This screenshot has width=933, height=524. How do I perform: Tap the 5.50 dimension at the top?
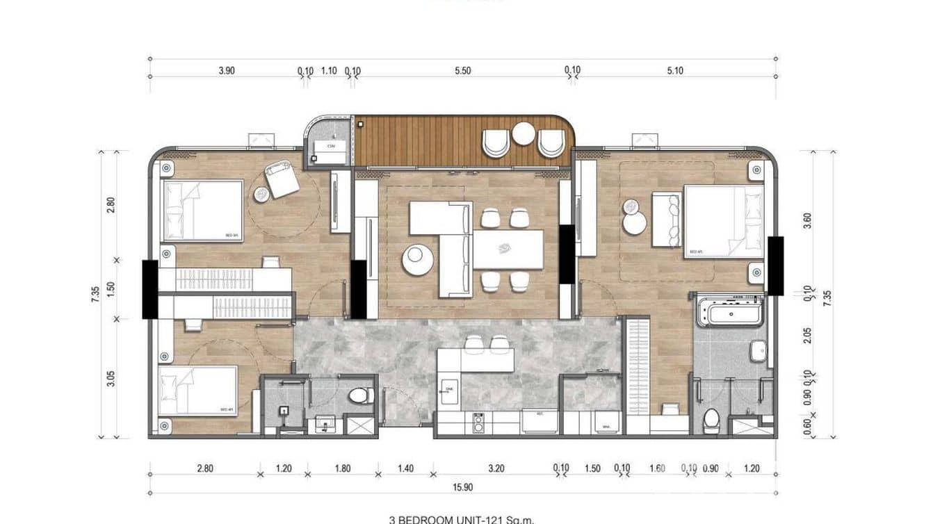pyautogui.click(x=462, y=70)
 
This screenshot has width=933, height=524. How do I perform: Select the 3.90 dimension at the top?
pyautogui.click(x=227, y=70)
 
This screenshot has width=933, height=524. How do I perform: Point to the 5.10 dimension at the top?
pyautogui.click(x=674, y=70)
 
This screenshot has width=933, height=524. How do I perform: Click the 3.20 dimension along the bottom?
pyautogui.click(x=496, y=468)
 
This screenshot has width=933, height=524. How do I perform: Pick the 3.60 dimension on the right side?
pyautogui.click(x=806, y=220)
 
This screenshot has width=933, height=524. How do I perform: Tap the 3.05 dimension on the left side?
pyautogui.click(x=111, y=379)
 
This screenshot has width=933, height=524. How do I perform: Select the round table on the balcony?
pyautogui.click(x=524, y=133)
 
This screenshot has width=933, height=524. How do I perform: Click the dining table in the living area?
pyautogui.click(x=508, y=249)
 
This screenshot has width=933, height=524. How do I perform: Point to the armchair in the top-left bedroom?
pyautogui.click(x=281, y=179)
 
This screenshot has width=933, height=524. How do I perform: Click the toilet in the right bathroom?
pyautogui.click(x=711, y=419)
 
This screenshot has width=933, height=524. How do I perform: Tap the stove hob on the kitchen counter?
pyautogui.click(x=479, y=422)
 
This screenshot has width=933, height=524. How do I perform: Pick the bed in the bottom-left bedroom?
pyautogui.click(x=198, y=391)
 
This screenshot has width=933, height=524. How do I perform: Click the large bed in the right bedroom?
pyautogui.click(x=723, y=221)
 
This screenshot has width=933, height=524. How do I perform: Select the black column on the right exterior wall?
pyautogui.click(x=775, y=265)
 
